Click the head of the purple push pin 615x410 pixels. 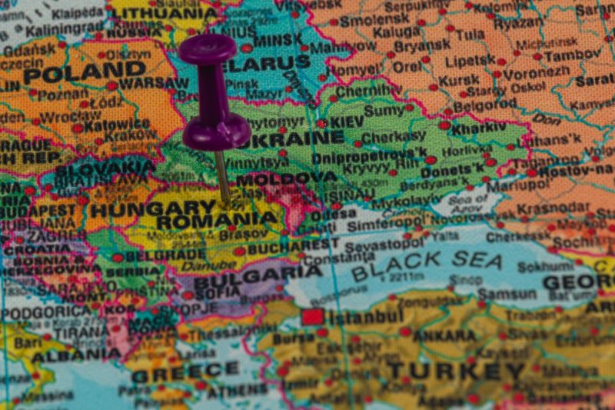pyautogui.click(x=208, y=48)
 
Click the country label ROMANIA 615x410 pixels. pyautogui.click(x=216, y=219)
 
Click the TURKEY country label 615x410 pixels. pyautogui.click(x=445, y=370)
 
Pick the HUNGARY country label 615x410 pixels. pyautogui.click(x=153, y=208)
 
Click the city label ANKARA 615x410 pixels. pyautogui.click(x=444, y=335)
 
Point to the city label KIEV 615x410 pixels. pyautogui.click(x=346, y=122)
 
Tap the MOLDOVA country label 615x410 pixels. pyautogui.click(x=286, y=178)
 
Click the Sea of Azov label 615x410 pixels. pyautogui.click(x=467, y=202)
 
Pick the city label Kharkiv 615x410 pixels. pyautogui.click(x=479, y=128)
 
